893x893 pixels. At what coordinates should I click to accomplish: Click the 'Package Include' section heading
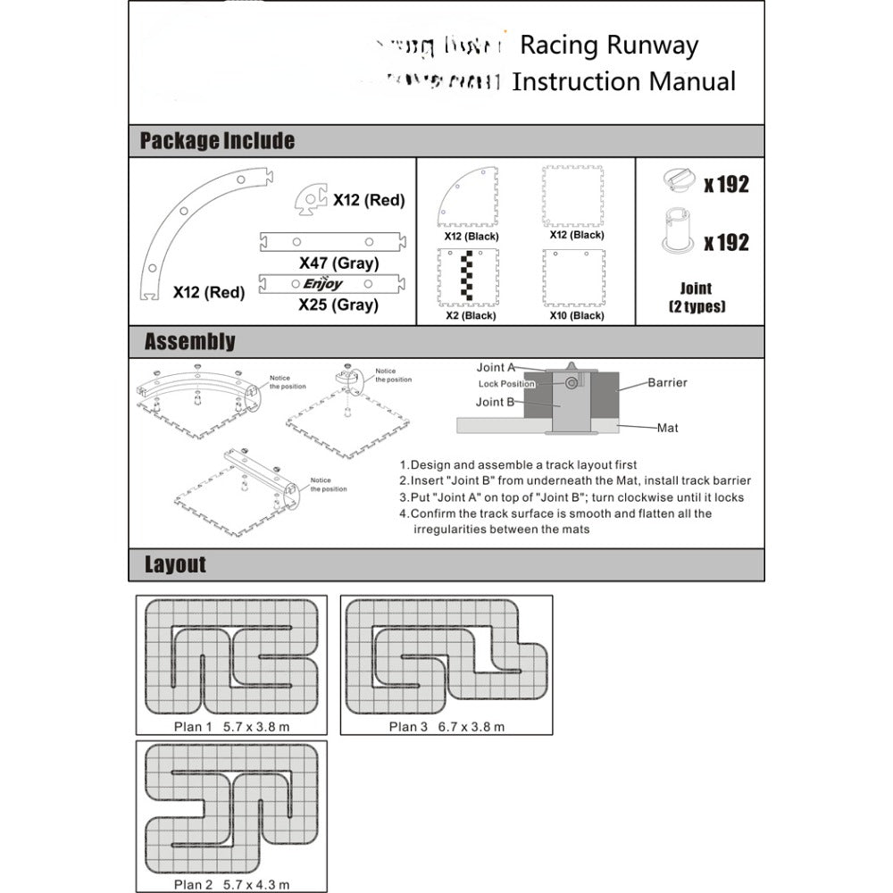click(x=217, y=141)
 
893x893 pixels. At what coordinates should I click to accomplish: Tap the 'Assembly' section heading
click(x=189, y=342)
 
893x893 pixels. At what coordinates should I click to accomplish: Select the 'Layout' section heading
click(x=175, y=564)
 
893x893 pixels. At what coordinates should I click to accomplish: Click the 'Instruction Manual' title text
click(x=623, y=82)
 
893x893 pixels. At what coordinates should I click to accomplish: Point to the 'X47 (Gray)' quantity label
click(x=338, y=263)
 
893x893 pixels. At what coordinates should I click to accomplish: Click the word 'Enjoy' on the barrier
click(x=322, y=284)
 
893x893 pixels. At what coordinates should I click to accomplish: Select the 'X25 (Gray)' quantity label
click(x=338, y=305)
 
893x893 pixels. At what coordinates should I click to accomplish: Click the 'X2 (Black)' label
click(x=471, y=315)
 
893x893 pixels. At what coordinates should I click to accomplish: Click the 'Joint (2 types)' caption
click(x=696, y=297)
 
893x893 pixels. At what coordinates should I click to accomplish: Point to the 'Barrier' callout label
click(x=668, y=382)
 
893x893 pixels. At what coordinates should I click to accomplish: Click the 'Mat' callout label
click(x=667, y=428)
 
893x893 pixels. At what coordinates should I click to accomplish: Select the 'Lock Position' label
click(x=505, y=384)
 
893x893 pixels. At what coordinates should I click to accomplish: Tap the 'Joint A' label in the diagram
click(x=496, y=367)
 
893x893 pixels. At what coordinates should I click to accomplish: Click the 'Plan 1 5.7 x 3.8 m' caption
click(x=231, y=726)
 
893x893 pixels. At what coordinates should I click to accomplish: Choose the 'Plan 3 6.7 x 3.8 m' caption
click(x=446, y=726)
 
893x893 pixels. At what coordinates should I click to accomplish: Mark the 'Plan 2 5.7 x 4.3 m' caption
click(x=231, y=884)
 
